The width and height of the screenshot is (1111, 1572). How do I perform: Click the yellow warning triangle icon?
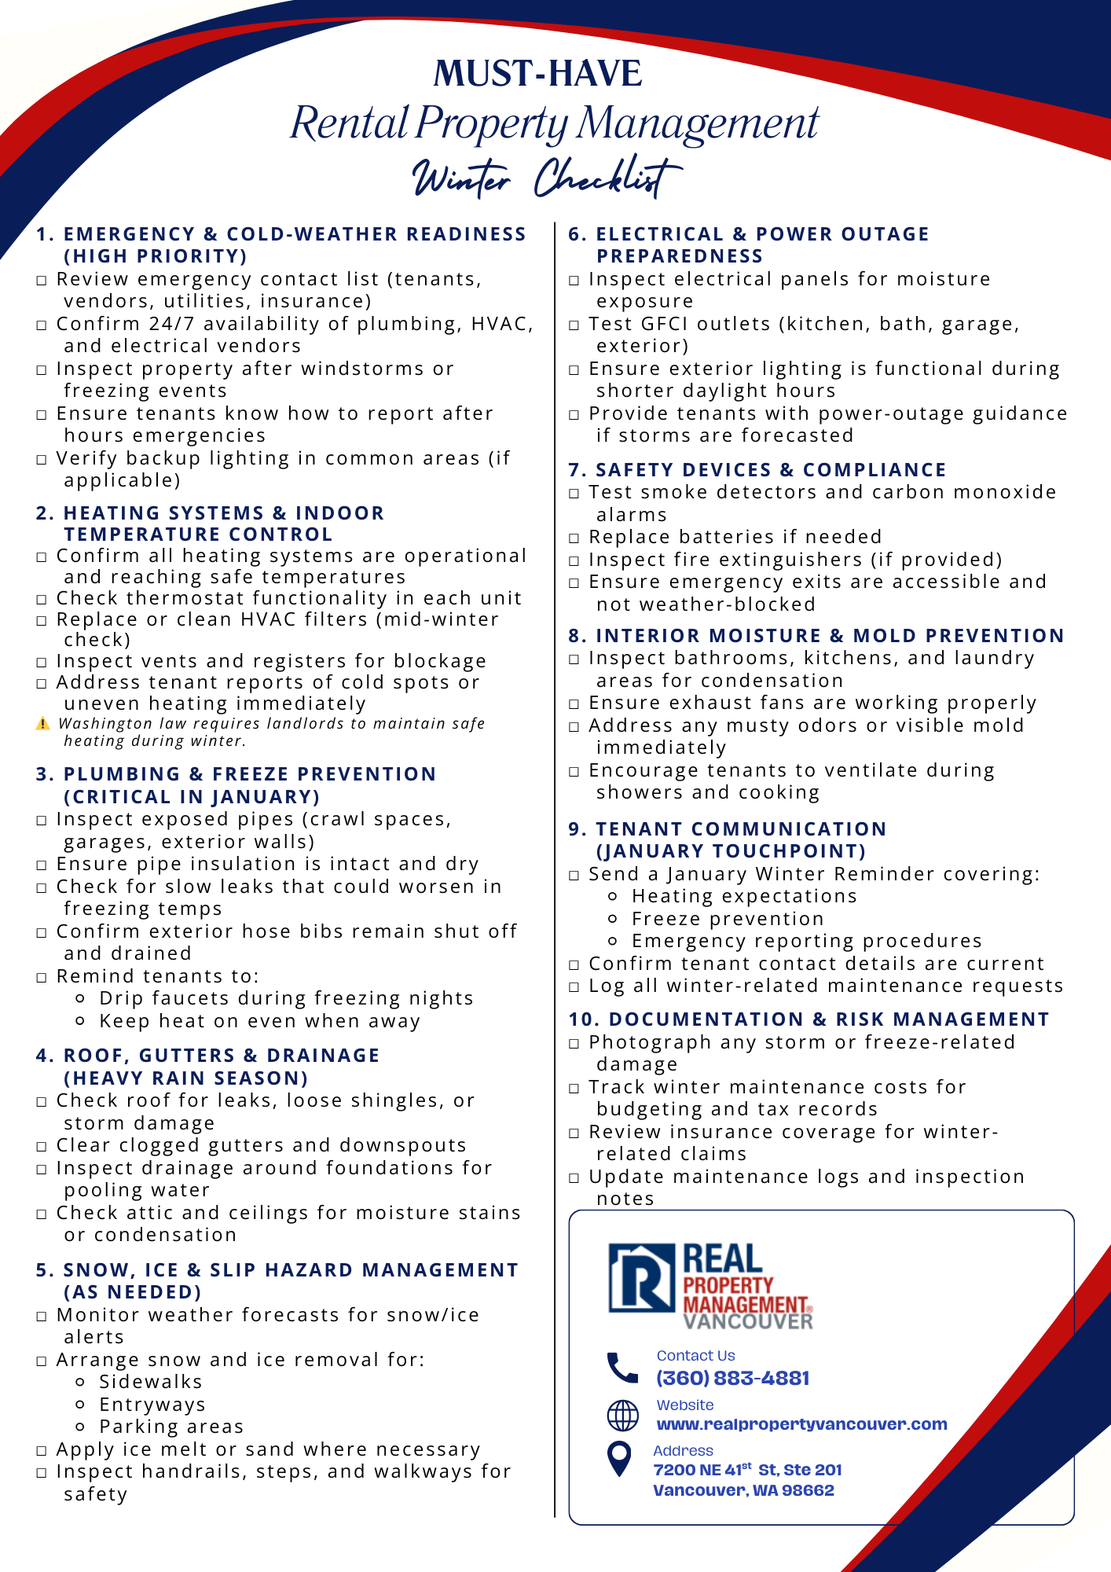coord(42,724)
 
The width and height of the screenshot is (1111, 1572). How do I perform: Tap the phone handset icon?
coord(622,1368)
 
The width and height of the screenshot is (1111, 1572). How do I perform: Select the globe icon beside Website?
coord(622,1416)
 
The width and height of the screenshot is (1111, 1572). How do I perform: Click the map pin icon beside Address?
coord(620,1460)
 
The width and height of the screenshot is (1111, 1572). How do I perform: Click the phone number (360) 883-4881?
coord(732,1378)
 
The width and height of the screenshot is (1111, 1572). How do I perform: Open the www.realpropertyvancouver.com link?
coord(801,1424)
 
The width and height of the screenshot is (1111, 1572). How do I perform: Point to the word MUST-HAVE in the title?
coord(538,74)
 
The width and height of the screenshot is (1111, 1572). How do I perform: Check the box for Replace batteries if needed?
coord(574,538)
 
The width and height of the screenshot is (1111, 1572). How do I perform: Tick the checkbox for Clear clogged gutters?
coord(42,1147)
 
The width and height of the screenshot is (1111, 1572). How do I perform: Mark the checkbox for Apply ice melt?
coord(42,1451)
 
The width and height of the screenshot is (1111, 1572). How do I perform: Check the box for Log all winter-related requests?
coord(574,987)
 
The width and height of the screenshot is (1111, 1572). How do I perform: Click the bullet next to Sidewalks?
coord(79,1382)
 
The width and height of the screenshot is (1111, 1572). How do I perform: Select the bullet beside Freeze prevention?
coord(613,919)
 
